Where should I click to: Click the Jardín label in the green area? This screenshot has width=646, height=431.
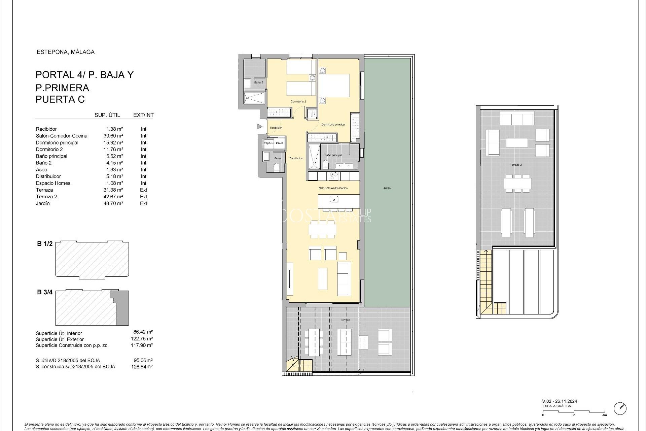(x=387, y=188)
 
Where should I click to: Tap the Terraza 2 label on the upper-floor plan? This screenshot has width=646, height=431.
(x=515, y=165)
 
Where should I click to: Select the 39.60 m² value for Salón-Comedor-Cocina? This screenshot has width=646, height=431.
(x=113, y=136)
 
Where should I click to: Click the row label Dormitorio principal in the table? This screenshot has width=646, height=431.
(x=57, y=143)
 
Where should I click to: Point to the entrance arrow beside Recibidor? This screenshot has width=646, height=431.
(x=259, y=127)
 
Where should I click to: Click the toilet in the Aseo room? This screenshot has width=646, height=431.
(x=277, y=167)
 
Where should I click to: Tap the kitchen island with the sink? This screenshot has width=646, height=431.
(x=334, y=201)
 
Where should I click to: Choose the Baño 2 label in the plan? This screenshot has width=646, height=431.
(x=258, y=82)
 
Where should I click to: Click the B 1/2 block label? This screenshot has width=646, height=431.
(x=45, y=244)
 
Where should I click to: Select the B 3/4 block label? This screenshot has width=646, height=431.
(x=45, y=292)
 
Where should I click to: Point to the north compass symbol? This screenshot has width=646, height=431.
(x=620, y=408)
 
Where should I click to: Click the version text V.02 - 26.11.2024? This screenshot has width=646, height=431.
(x=560, y=401)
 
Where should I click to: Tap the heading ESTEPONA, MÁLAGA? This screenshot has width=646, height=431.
(x=65, y=52)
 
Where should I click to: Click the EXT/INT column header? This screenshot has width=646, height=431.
(x=143, y=115)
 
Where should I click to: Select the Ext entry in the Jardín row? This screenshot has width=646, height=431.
(x=143, y=203)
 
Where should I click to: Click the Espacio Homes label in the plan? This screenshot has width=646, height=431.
(x=273, y=143)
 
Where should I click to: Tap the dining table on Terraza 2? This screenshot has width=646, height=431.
(x=517, y=184)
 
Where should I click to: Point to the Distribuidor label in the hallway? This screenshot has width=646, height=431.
(x=296, y=158)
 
